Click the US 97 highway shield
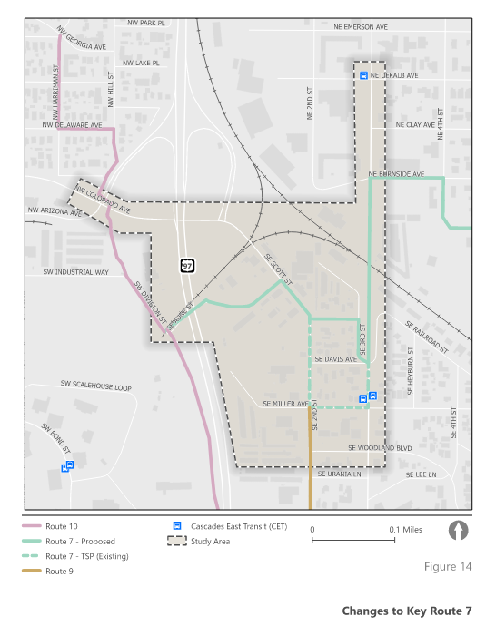(187, 266)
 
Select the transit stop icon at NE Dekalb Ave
(363, 76)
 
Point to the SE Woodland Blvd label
(380, 448)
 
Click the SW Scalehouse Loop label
(96, 387)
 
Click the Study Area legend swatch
(176, 541)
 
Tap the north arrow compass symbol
(460, 529)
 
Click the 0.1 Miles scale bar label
(406, 529)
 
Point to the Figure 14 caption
(448, 567)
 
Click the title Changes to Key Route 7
(407, 611)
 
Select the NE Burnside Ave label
(397, 173)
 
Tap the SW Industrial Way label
(76, 271)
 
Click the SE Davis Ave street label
(335, 359)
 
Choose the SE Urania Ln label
(339, 474)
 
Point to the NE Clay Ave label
(415, 124)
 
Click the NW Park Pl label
(146, 21)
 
